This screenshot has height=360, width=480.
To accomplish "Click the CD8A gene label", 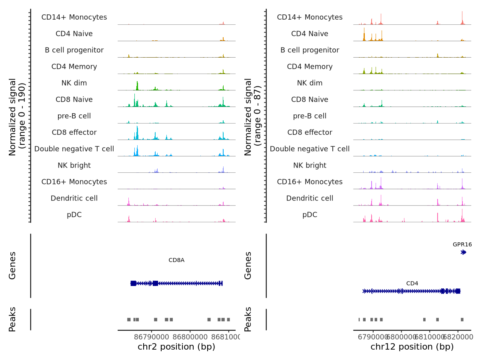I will (176, 260).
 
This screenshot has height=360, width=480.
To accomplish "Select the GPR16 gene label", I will (462, 244).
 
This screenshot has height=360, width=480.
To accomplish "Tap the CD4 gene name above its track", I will (412, 284).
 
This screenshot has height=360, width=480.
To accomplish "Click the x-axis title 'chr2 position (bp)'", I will (176, 347).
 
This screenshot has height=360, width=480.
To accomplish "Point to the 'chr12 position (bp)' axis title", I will (412, 347).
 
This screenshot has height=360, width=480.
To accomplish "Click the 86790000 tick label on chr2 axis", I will (152, 337).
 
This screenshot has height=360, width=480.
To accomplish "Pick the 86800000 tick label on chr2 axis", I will (190, 337).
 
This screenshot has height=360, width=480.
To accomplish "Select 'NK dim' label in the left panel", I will (74, 83).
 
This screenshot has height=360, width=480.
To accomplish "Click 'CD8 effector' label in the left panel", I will (74, 132).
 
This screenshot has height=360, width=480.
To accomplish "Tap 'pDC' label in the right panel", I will (310, 215).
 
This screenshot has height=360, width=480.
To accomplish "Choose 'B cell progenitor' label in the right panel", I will (310, 50).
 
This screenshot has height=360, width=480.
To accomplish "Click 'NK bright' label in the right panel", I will (310, 166).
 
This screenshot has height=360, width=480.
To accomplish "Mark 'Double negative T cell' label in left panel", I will (74, 149).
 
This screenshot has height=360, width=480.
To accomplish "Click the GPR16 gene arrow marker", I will (463, 252).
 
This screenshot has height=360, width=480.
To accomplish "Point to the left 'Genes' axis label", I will (12, 266).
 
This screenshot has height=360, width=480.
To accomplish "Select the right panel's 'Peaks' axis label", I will (248, 319).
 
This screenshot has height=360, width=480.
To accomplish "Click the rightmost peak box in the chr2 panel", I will (228, 320).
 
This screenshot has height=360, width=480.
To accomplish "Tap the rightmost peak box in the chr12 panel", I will (462, 320).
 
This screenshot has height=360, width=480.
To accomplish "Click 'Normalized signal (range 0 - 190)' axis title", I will (17, 116).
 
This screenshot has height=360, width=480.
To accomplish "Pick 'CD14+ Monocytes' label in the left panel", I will (74, 18).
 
